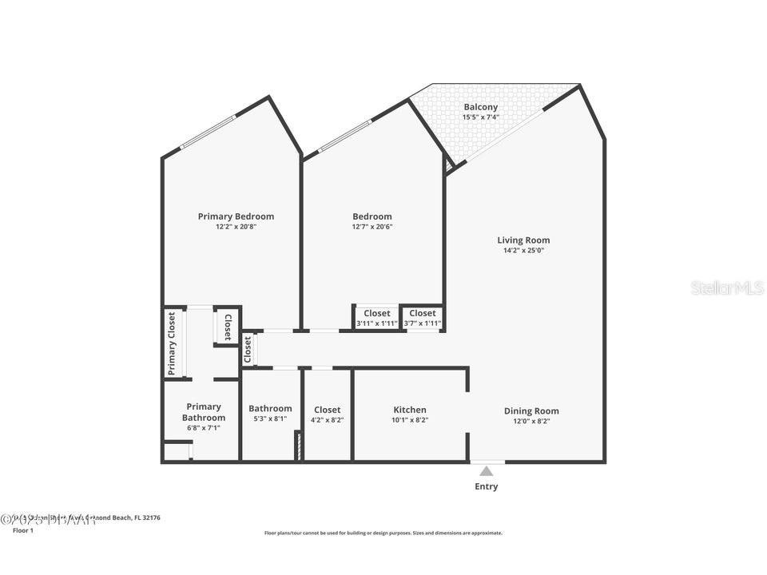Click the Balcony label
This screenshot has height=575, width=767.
click(480, 107)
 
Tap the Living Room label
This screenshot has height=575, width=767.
click(523, 240)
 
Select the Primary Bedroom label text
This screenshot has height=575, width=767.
click(236, 216)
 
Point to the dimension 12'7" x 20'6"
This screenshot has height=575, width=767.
click(372, 227)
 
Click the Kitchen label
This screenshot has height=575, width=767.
click(409, 410)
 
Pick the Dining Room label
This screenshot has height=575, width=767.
click(531, 411)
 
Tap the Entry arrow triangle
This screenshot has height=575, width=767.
click(486, 471)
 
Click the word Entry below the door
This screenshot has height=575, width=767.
click(486, 486)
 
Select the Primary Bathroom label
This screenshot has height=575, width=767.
click(203, 412)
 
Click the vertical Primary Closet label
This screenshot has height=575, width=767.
click(172, 343)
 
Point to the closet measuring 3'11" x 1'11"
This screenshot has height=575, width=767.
click(376, 318)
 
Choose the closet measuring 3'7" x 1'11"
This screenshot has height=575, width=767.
click(422, 318)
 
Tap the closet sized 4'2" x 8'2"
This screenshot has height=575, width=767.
click(327, 414)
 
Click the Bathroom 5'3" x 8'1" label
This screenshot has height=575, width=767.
click(270, 414)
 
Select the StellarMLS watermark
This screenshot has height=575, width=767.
click(727, 287)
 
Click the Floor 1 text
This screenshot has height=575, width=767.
click(23, 530)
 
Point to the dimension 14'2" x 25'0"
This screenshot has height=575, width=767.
click(523, 251)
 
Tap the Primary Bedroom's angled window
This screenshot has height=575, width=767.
click(208, 132)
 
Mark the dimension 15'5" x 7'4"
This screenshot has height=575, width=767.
click(480, 117)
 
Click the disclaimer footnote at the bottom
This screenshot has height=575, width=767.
click(383, 533)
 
